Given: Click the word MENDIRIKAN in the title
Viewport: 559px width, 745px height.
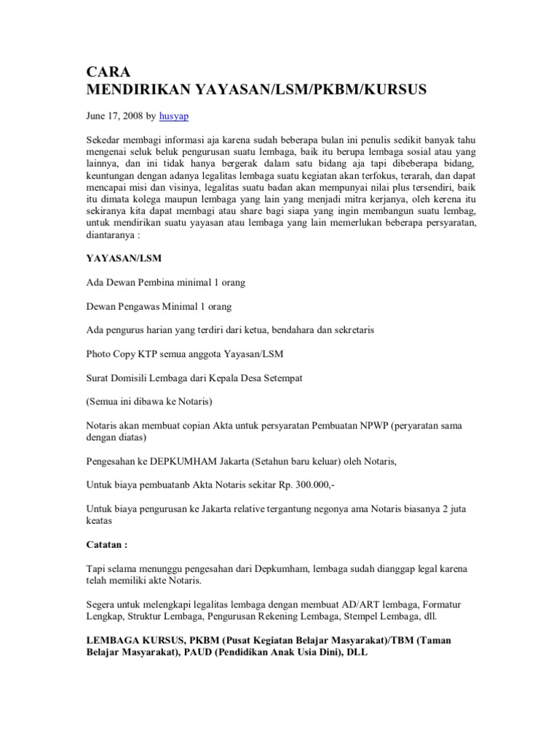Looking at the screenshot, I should (x=134, y=90).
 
